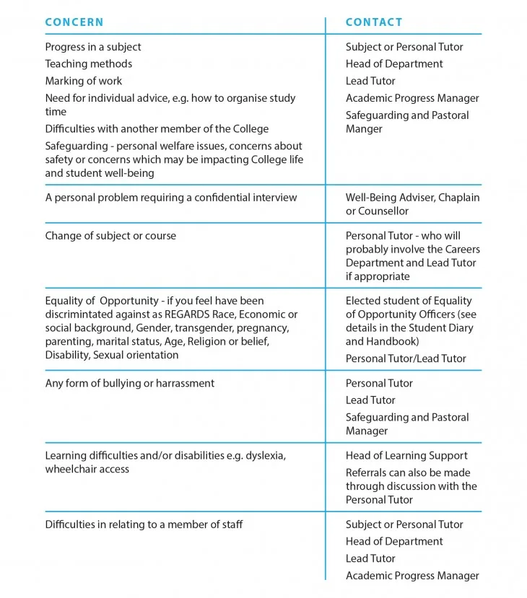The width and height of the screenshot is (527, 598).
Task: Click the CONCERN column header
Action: coord(74,22)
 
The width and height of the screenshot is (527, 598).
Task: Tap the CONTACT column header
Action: coord(374,22)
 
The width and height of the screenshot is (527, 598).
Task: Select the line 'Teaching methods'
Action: coord(89,63)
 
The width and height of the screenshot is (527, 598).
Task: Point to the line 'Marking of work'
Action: coord(84,81)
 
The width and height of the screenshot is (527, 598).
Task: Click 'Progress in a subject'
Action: coord(93,47)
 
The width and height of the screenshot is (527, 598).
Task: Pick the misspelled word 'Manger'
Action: coord(364,129)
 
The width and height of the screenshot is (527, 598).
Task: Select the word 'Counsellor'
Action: coord(383,211)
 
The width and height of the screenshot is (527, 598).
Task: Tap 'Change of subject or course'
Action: coord(110,236)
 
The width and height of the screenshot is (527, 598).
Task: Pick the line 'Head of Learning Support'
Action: coord(406,455)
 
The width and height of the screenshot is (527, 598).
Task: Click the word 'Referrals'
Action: coord(367,472)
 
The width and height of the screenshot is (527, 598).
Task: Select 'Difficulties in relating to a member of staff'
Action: coord(144,524)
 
